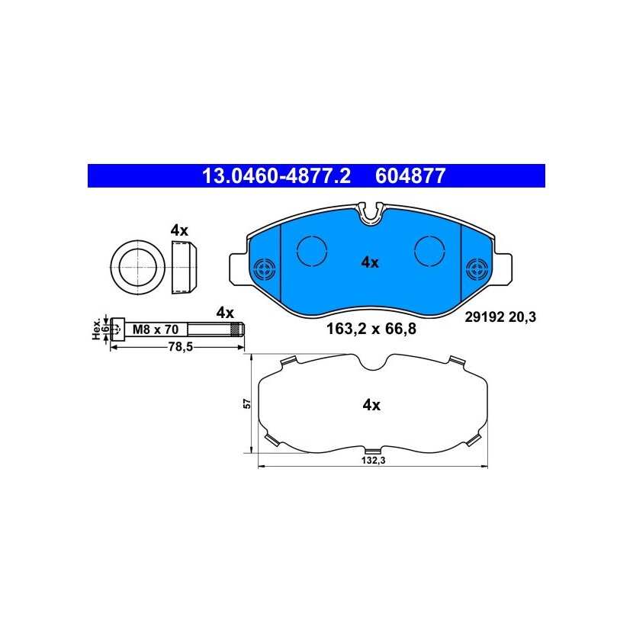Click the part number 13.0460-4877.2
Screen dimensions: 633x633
click(276, 176)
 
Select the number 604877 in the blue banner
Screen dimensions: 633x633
click(410, 176)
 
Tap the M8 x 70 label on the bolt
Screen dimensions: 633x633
click(156, 329)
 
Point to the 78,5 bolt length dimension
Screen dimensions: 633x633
click(182, 347)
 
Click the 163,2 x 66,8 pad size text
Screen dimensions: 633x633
click(371, 329)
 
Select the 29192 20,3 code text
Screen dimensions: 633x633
click(500, 317)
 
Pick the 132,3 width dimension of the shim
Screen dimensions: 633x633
click(373, 461)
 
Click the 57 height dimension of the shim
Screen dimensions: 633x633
click(247, 403)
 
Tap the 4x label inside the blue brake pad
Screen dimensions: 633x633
click(370, 263)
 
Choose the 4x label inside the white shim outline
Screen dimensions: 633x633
click(371, 404)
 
